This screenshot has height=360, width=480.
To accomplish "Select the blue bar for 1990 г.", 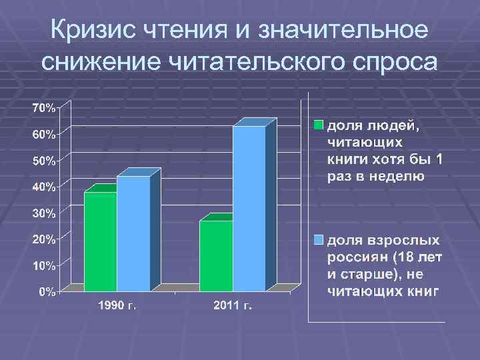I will coord(133,233).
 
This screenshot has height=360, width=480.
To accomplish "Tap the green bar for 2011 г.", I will coord(216,256).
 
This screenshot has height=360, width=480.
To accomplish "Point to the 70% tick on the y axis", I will coord(45,107).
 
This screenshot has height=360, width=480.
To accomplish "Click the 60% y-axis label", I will coord(45,134).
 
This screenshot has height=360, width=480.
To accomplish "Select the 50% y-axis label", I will coord(45,161).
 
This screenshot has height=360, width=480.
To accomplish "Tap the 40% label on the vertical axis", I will coord(45,187).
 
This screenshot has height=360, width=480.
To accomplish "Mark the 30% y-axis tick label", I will coord(45,213).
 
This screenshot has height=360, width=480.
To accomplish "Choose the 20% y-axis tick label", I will coord(45,239).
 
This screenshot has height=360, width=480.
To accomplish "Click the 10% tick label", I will coord(45,265).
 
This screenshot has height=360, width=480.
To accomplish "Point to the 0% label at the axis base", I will coord(47,291).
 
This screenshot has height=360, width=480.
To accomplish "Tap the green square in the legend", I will coord(319,125).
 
